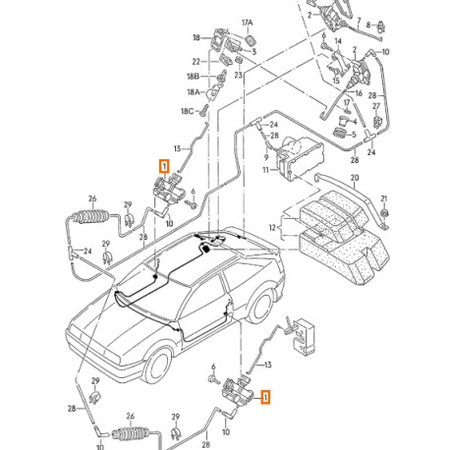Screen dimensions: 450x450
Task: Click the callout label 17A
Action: tap(247, 21)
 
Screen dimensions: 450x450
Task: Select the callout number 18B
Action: tap(195, 76)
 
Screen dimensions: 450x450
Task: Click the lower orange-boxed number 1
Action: tap(265, 397)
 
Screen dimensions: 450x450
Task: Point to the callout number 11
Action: tap(265, 170)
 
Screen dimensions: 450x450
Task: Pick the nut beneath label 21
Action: tap(384, 212)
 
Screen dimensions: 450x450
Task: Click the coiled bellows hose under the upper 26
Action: tap(84, 218)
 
